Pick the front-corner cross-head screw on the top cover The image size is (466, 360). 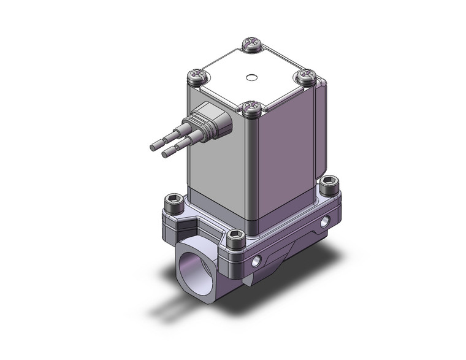click(249, 110)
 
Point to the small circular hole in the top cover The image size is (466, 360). click(250, 78)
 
